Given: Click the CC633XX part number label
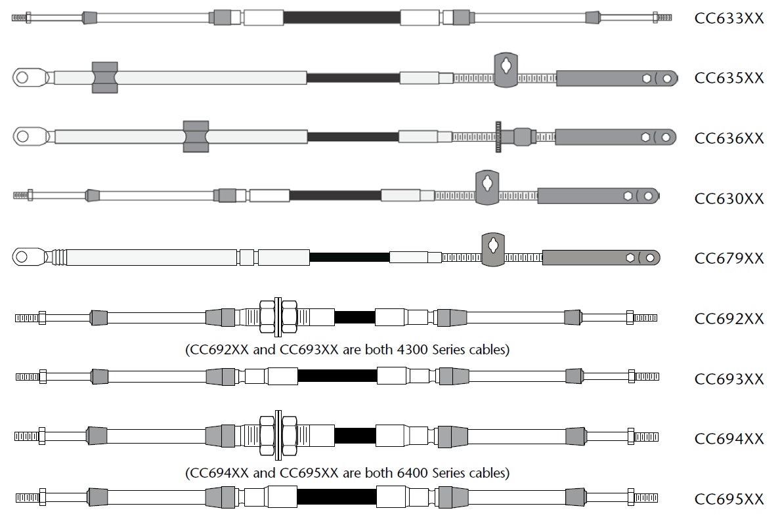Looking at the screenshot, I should coord(729,18).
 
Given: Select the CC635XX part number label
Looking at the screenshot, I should coord(729,78).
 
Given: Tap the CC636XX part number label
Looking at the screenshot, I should coord(729,138).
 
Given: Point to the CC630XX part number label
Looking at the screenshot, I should coord(729,198).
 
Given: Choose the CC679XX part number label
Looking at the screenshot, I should coord(729,259).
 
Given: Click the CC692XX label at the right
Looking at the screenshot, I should coord(729,319).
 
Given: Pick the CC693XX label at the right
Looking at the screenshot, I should coord(729,379).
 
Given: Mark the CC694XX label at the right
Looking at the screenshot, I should coord(729,439).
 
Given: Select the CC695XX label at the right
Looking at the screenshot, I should coord(729,499).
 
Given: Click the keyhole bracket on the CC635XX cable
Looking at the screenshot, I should coord(506,70).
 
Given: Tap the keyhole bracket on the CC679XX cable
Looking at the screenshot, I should coord(492,249).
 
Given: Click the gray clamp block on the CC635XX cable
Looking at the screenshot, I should coord(104,77).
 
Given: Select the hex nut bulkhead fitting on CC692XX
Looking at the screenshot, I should coord(278,318).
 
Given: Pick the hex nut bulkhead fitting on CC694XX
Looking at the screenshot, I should coord(278,435).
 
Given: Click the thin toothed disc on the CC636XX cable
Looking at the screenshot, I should coord(498,136).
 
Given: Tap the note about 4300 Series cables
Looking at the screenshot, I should coord(347,350).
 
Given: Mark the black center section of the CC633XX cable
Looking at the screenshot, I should coord(341,18).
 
